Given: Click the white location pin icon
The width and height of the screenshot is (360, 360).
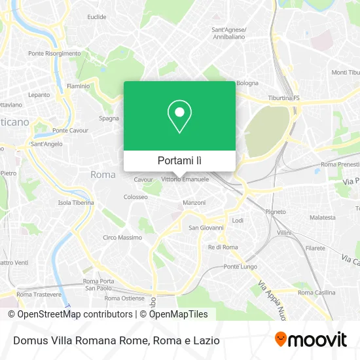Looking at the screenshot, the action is (x=179, y=117).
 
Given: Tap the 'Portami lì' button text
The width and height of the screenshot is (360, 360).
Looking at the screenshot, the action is (x=179, y=160).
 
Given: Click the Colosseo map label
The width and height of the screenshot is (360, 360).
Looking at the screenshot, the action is (x=135, y=196).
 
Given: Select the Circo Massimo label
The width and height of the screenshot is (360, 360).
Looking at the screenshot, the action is (x=122, y=237).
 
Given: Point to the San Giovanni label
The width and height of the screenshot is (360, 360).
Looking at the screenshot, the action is (x=206, y=228).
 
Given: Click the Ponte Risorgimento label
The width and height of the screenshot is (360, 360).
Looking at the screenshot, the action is (x=54, y=53).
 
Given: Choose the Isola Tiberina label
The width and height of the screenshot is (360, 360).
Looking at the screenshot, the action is (x=76, y=202).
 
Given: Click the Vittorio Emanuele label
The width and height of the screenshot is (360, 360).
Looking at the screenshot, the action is (x=185, y=179).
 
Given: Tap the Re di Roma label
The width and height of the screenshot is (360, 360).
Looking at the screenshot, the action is (x=223, y=247).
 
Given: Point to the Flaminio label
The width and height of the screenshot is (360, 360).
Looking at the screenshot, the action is (x=78, y=86).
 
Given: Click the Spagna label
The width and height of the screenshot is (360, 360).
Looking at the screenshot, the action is (x=109, y=118).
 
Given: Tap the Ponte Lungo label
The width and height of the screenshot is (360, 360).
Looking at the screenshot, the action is (x=239, y=266).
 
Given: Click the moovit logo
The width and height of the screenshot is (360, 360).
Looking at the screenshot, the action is (x=311, y=339).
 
